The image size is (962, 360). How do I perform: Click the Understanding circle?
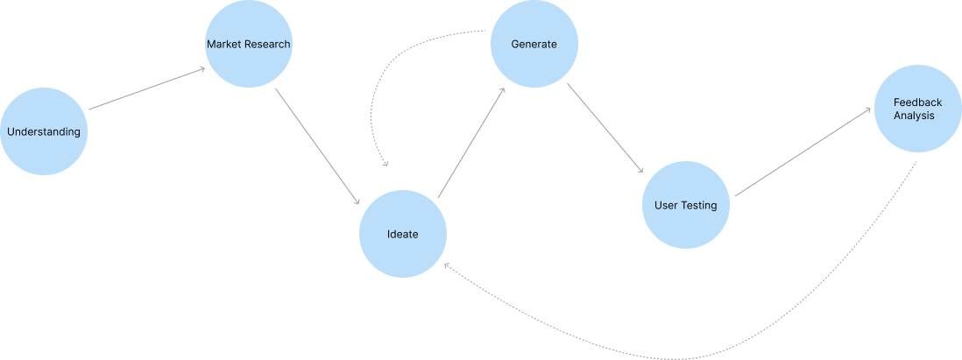(x=44, y=131)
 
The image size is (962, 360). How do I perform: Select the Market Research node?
(x=248, y=44)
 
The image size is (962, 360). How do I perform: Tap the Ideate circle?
(x=403, y=234)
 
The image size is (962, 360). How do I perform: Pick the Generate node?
(x=534, y=44)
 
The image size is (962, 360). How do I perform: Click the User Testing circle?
(x=686, y=205)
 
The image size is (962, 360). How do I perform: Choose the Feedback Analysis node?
(x=917, y=109)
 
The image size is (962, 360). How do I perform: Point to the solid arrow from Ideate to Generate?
(x=471, y=142)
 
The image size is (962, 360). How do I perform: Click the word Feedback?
(x=917, y=102)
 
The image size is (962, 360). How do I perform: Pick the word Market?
(x=223, y=44)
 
